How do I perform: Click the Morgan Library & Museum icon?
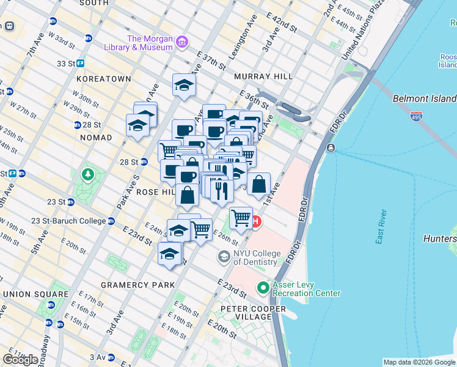[x=181, y=42]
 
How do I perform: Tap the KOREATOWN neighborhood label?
[x=103, y=79]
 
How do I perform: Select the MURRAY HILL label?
[x=263, y=76]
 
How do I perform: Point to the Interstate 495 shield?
[x=416, y=115]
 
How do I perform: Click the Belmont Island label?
[x=424, y=98]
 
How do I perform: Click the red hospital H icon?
[x=257, y=221]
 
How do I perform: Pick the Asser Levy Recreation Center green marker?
[x=263, y=287]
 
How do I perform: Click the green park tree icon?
[x=89, y=176]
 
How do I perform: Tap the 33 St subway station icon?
[x=80, y=63]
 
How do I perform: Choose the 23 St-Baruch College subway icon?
[x=111, y=221]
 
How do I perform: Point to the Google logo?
[x=21, y=360]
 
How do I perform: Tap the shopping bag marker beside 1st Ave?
[x=259, y=183]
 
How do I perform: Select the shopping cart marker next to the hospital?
[x=241, y=217]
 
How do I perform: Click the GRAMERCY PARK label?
[x=137, y=285]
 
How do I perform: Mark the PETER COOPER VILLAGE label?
[x=254, y=313]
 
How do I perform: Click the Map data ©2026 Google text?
[x=419, y=362]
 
